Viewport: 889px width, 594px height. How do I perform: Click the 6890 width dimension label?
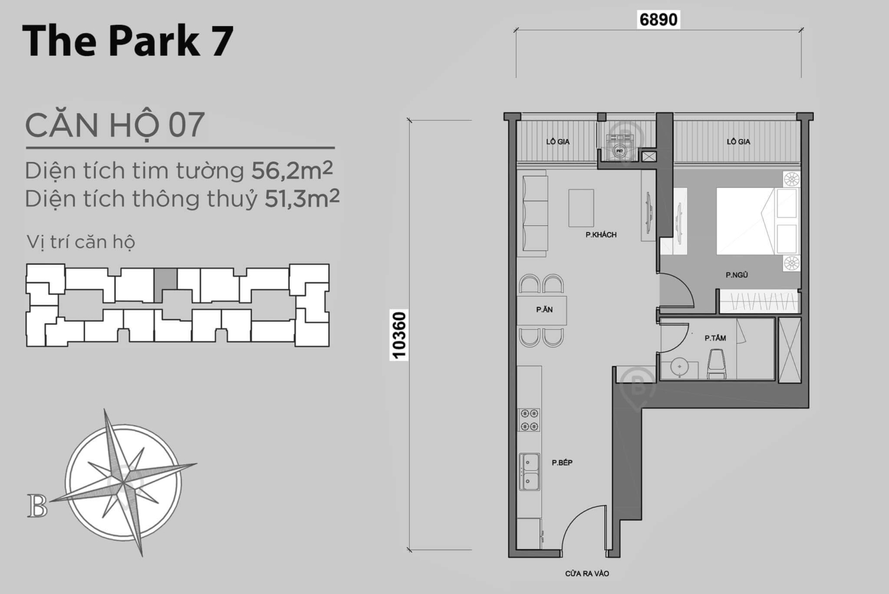[658, 19]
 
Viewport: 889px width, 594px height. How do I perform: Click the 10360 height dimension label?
[399, 336]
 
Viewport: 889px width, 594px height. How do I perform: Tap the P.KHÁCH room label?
[601, 235]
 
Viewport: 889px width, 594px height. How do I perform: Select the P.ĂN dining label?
[544, 310]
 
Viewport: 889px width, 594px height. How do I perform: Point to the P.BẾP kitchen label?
[562, 462]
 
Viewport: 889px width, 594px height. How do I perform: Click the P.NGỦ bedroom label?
[737, 275]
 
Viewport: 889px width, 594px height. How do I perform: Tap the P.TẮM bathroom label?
[715, 338]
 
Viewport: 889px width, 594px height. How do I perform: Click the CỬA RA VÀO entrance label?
[587, 574]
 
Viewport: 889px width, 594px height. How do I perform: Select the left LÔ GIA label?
[558, 141]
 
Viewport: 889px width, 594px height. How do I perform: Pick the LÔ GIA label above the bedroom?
[739, 141]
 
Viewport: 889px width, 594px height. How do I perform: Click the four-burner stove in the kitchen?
[529, 420]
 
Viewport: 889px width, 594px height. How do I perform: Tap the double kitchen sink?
[529, 471]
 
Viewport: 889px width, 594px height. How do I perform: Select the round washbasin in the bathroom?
[678, 367]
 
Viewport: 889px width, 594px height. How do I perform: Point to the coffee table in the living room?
[581, 208]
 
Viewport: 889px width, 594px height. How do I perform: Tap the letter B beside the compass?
[37, 506]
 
